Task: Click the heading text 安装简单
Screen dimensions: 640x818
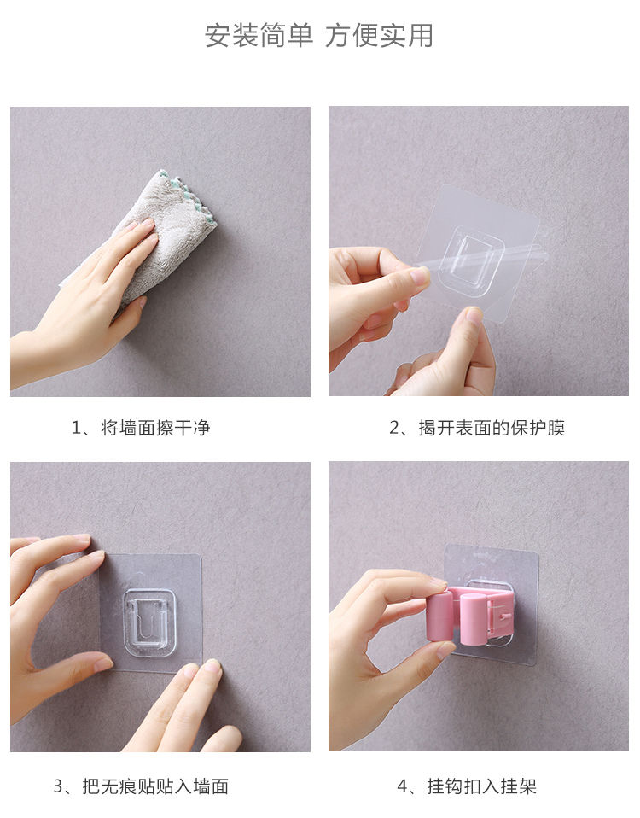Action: [259, 36]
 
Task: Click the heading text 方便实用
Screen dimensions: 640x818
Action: [380, 36]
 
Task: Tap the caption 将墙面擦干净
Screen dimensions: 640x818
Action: [155, 428]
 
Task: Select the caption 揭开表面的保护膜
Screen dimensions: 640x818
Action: [492, 428]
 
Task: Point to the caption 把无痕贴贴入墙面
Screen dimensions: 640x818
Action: [155, 786]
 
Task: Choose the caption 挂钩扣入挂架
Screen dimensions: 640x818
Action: [481, 786]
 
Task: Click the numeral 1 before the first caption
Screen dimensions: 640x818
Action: [76, 429]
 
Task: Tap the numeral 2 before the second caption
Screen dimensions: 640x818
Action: [394, 429]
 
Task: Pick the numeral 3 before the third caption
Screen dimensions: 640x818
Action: [58, 786]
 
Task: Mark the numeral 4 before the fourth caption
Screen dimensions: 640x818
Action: [403, 786]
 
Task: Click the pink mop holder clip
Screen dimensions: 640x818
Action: [470, 614]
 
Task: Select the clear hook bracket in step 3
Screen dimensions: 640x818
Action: [150, 619]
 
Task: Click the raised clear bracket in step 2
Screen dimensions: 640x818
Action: [471, 258]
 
